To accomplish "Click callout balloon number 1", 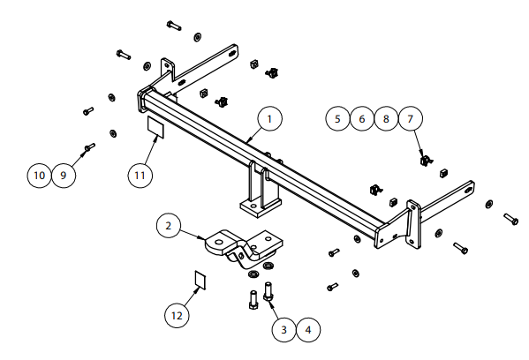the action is coord(269,118).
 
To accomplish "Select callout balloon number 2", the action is coord(169,226).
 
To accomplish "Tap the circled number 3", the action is coord(284,329).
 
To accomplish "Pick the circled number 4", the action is coord(308,329).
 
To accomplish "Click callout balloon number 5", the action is coord(337,118).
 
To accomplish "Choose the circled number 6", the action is coord(362,118).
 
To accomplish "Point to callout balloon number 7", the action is coord(411,118).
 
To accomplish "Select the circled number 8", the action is coord(386,118).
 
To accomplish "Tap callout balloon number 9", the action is coord(64,176).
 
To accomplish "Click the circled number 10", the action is coord(40,176).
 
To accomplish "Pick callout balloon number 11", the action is coord(140,176).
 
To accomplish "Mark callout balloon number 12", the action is coord(177,316).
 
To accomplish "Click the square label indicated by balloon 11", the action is coord(155,126).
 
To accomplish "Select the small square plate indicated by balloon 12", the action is coord(200,280).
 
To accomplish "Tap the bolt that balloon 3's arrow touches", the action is coord(268,292).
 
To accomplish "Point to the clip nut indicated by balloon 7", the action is coord(426,160).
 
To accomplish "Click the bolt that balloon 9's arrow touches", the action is coord(90,147).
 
